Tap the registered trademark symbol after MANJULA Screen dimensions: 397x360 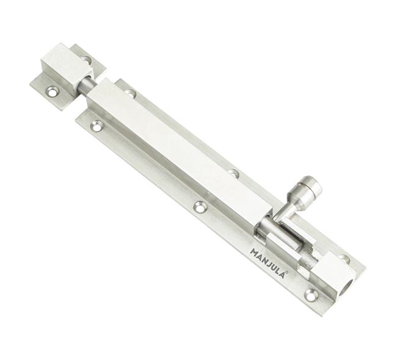pyautogui.click(x=287, y=273)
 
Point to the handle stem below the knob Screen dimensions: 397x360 pyautogui.click(x=286, y=209)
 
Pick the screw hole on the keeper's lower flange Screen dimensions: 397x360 pyautogui.click(x=53, y=91)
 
